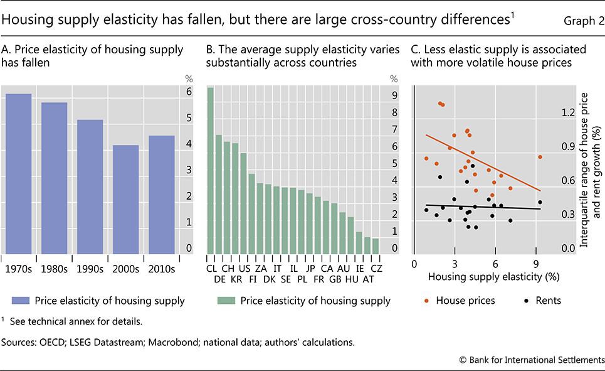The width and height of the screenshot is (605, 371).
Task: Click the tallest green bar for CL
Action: pyautogui.click(x=211, y=170)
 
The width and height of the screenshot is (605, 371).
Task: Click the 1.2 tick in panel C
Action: pyautogui.click(x=568, y=113)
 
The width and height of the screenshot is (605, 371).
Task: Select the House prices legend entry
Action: pyautogui.click(x=461, y=301)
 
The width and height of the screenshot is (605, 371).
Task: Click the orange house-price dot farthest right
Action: pyautogui.click(x=540, y=157)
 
